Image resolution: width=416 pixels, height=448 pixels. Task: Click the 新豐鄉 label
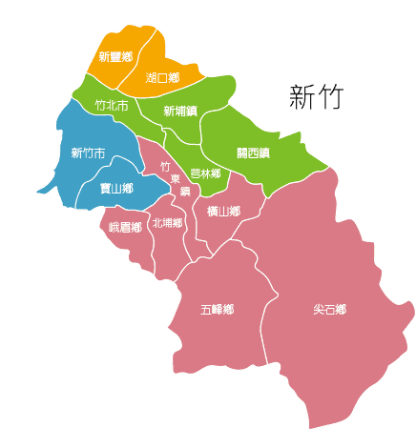tap(115, 57)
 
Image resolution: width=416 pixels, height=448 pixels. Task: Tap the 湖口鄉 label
tap(163, 76)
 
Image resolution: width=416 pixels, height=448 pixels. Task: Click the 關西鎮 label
tap(253, 152)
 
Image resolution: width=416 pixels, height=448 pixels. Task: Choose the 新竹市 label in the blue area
tap(88, 153)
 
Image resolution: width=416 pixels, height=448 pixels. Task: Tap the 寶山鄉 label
tap(115, 189)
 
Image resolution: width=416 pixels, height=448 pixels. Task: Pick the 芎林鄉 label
tap(205, 173)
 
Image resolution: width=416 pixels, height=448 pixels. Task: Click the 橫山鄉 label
tap(223, 211)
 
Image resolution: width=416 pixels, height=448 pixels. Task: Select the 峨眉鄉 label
tap(125, 227)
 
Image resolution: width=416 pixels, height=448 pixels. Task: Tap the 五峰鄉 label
tap(218, 310)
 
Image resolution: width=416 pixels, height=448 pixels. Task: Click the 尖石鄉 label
tap(329, 310)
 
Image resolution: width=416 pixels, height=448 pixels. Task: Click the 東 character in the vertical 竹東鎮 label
tap(175, 179)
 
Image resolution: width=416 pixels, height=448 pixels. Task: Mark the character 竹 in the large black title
tap(330, 97)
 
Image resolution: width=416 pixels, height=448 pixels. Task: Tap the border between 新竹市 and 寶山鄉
tap(91, 178)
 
